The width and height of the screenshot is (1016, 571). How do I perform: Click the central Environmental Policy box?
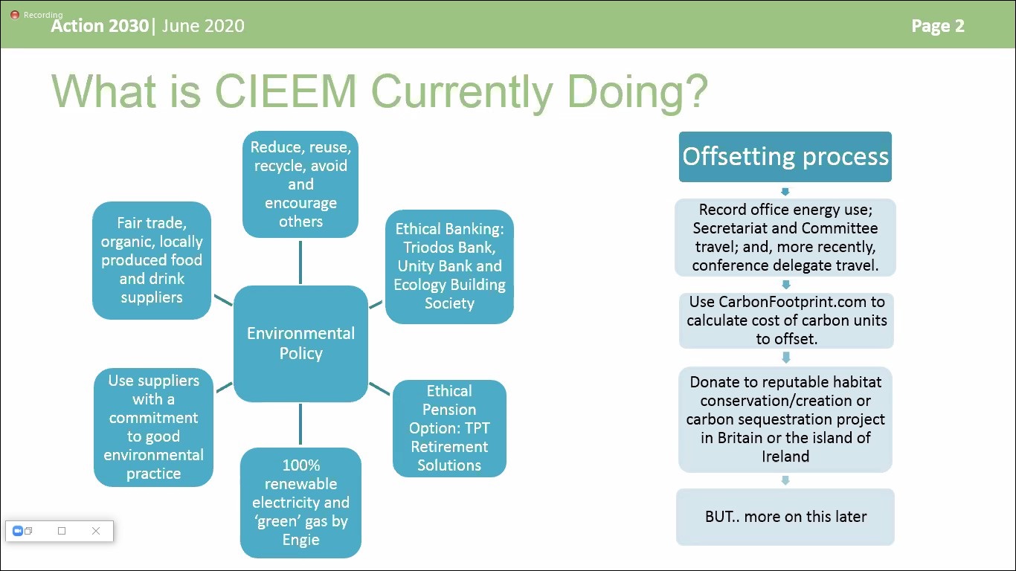pos(300,343)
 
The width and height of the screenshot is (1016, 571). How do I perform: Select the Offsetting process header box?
pos(785,157)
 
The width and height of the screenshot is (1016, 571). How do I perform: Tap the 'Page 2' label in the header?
pos(937,26)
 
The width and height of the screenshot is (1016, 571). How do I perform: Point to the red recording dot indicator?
pos(15,15)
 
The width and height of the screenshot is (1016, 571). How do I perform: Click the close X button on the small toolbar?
pos(96,531)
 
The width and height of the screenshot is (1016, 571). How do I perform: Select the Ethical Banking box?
pos(449,266)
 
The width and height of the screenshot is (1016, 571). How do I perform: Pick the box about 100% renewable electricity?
pos(300,503)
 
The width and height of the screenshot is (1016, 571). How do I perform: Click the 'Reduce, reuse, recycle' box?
pos(300,184)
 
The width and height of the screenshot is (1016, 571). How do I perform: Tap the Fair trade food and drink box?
pos(152,260)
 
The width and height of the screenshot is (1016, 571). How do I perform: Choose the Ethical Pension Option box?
pos(449,428)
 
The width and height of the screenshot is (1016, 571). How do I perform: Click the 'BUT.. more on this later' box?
pos(785,517)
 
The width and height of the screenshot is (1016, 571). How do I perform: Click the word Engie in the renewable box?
pos(300,540)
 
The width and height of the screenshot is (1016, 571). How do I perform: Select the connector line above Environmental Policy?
pos(300,262)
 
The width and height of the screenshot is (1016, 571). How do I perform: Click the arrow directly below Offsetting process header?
pos(785,191)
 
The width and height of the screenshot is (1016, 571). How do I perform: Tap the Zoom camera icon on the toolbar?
pos(18,531)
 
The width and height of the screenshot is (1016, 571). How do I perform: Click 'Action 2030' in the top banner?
pos(99,26)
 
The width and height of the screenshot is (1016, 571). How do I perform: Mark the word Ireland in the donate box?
pos(785,457)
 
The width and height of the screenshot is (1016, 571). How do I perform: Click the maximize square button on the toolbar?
pos(62,531)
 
